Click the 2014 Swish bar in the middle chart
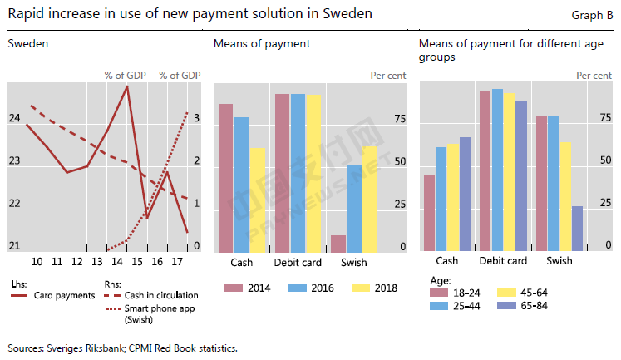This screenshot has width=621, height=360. (x=338, y=244)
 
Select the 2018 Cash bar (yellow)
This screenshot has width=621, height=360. (x=257, y=200)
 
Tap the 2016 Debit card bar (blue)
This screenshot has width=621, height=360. (x=298, y=174)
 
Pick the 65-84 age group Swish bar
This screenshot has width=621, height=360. (x=577, y=229)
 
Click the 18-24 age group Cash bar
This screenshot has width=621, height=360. (x=429, y=214)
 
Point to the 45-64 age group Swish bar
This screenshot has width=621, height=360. (x=565, y=197)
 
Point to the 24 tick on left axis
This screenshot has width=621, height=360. (x=14, y=118)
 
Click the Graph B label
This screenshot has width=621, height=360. (x=593, y=15)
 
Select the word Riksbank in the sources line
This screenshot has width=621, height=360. (x=111, y=347)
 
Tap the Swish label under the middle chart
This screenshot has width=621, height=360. (x=355, y=264)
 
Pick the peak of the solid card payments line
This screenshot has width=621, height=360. (x=126, y=86)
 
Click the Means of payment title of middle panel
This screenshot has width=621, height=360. (x=250, y=43)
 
